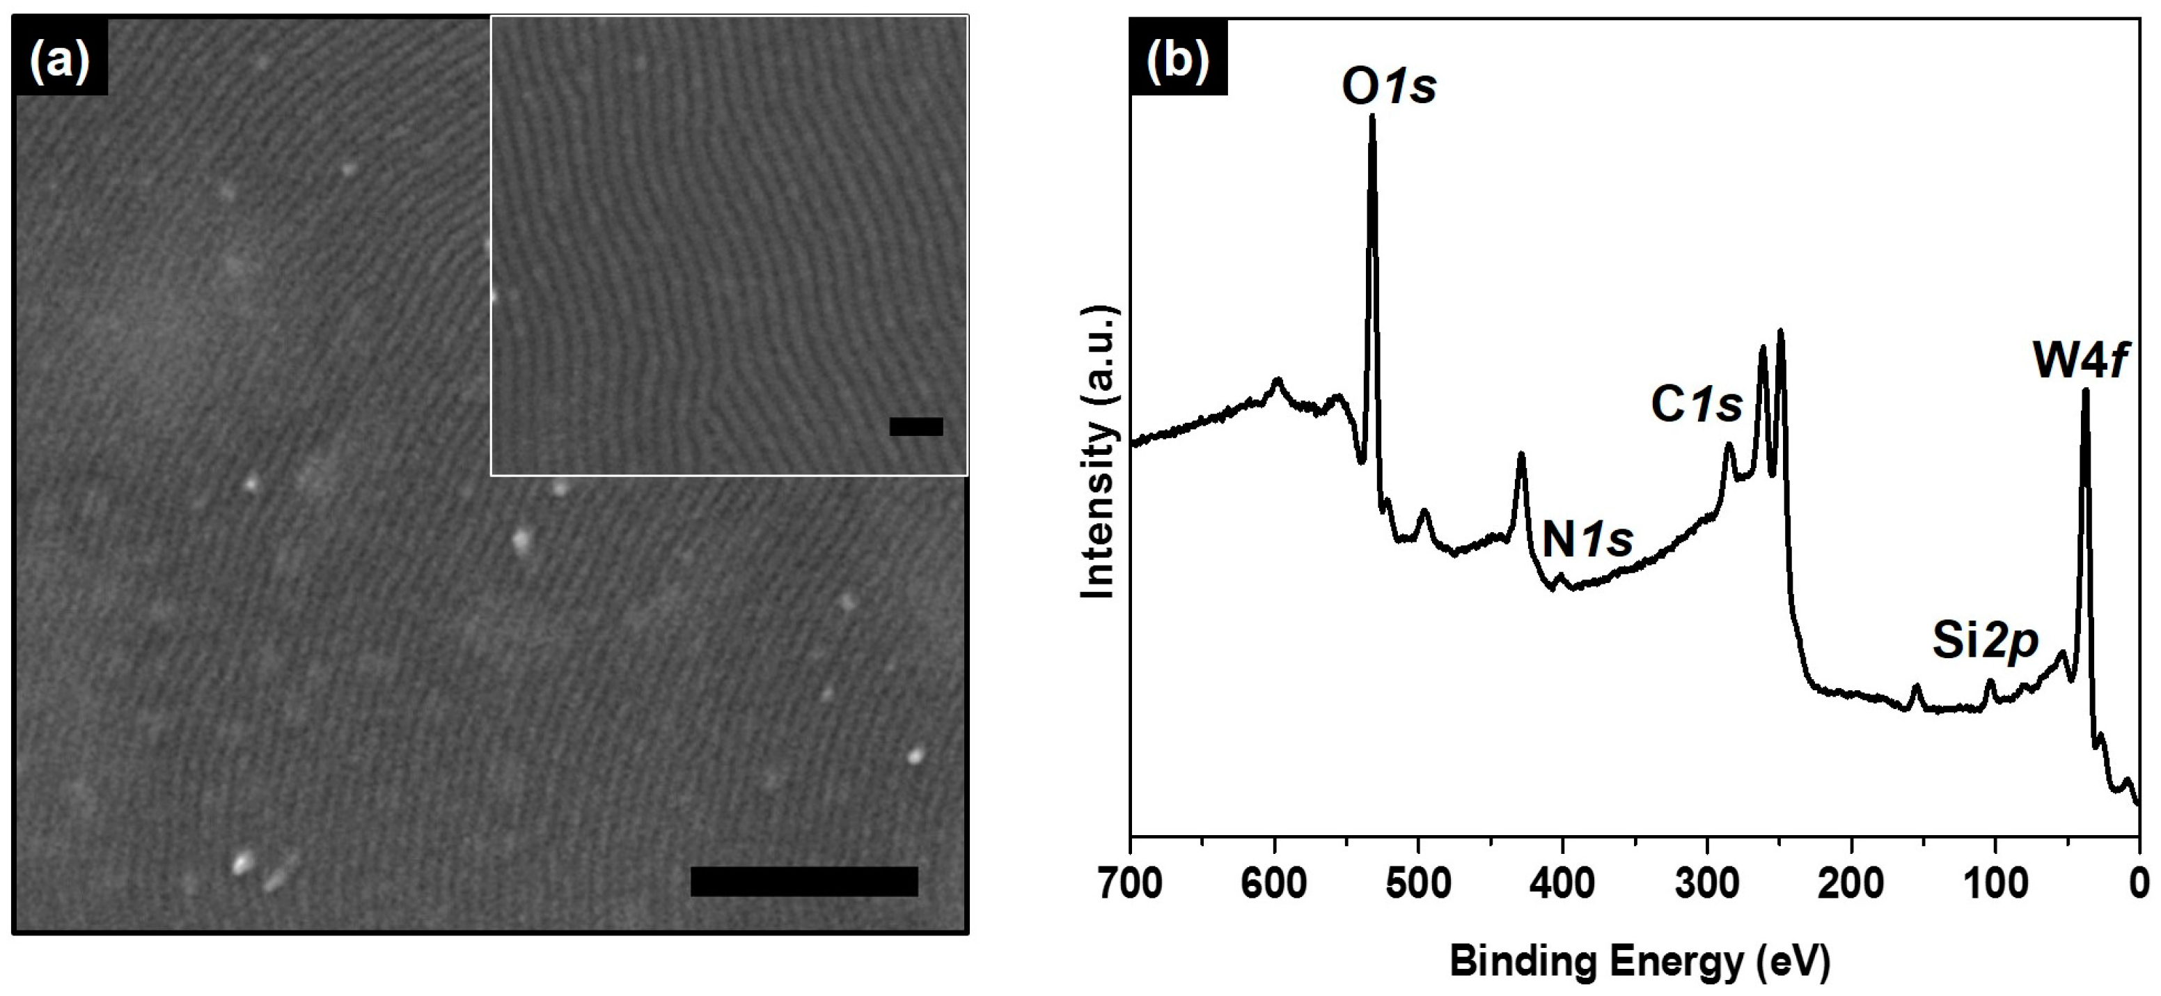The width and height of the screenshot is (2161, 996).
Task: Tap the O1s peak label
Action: (1389, 86)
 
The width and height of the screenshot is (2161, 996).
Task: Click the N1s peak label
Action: (1588, 540)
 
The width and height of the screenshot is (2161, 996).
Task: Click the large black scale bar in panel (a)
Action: (803, 881)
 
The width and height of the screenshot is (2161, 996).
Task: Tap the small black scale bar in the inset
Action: (916, 426)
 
